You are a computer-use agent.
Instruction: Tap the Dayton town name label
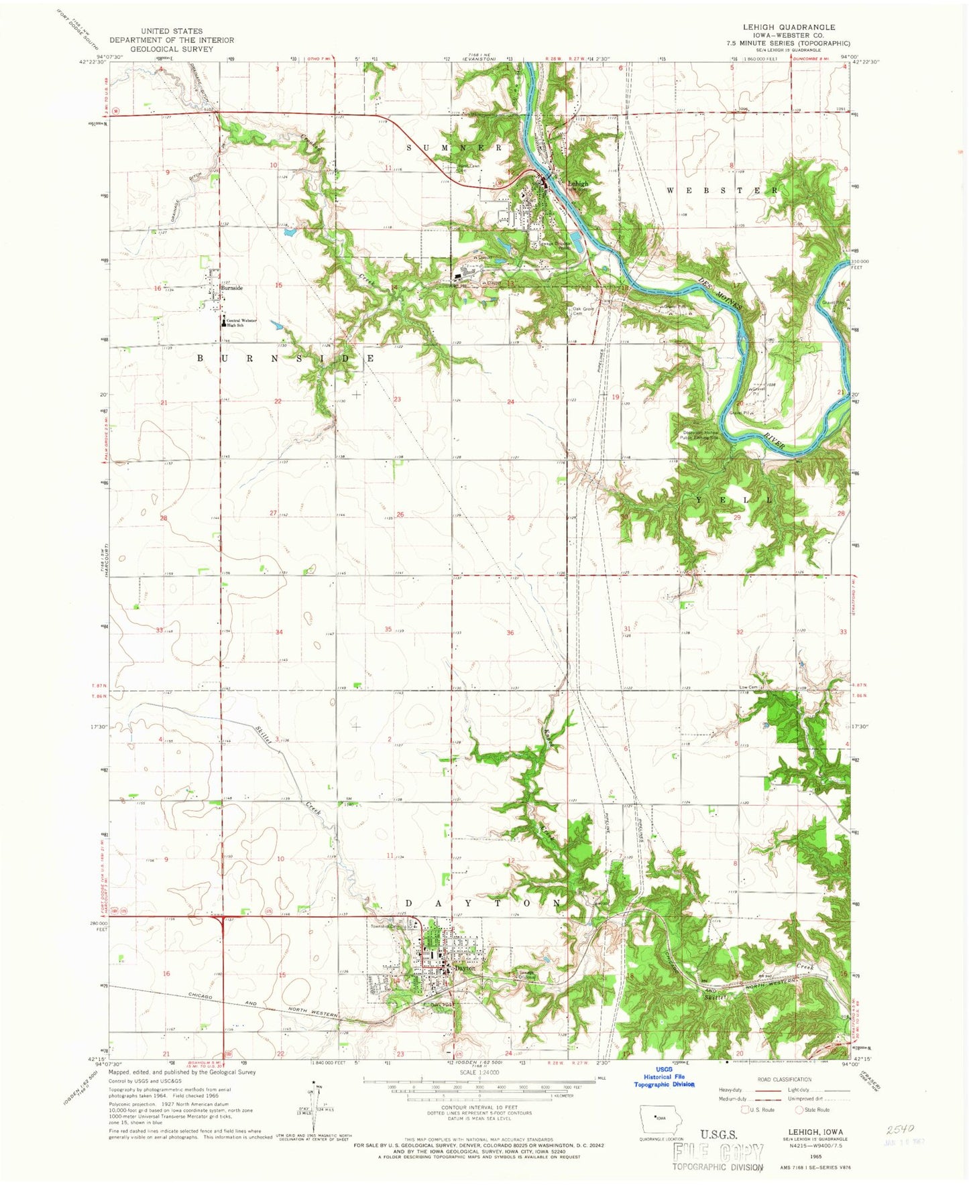point(464,968)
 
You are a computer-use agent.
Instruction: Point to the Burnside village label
point(231,288)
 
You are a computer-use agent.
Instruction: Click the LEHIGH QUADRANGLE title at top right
point(779,27)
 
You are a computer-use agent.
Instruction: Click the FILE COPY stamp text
point(719,1152)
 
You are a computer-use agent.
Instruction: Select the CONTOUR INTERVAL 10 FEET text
point(479,1107)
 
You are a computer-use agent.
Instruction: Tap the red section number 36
point(510,633)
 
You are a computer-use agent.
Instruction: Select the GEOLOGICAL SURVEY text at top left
point(172,48)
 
